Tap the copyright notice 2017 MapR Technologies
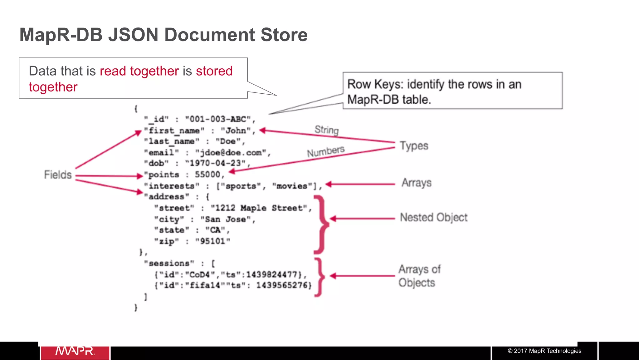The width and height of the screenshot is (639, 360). [544, 351]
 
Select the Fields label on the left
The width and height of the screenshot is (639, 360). [58, 175]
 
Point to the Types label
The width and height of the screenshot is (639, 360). [414, 146]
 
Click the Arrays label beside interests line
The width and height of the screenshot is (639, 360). [416, 183]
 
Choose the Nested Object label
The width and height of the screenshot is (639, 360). [434, 217]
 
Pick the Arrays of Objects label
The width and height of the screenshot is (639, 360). [419, 276]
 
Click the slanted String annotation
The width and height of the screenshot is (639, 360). [326, 130]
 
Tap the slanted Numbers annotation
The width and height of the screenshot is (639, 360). [325, 151]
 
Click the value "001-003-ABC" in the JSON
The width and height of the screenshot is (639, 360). [218, 119]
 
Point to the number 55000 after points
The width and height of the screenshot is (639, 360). [207, 175]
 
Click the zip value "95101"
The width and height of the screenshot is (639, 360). [212, 241]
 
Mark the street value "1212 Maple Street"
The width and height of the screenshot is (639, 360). [259, 208]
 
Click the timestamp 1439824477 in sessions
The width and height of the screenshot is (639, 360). [271, 274]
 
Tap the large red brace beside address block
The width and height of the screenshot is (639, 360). [321, 224]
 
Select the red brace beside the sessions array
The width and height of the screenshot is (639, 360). [319, 277]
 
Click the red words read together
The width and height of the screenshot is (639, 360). [139, 71]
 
